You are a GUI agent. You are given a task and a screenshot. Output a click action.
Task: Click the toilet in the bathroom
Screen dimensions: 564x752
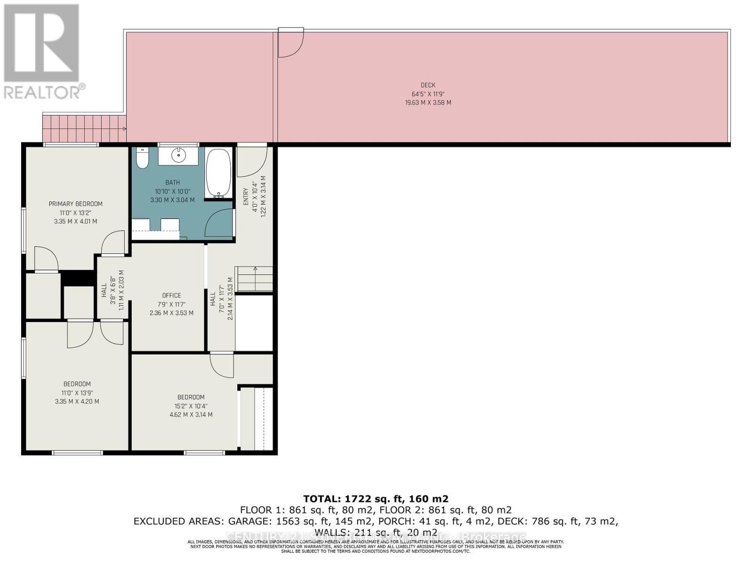[x=142, y=158]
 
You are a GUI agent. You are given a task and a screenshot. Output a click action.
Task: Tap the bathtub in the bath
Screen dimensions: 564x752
[x=219, y=173]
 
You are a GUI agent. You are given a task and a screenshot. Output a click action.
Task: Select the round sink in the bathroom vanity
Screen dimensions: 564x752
[x=178, y=155]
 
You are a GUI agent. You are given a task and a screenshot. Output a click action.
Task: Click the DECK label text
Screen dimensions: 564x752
[x=428, y=85]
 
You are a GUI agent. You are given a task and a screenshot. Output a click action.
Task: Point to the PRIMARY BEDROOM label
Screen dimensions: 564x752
[x=76, y=204]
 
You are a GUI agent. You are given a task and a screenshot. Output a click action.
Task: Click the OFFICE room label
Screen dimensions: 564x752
[x=172, y=295]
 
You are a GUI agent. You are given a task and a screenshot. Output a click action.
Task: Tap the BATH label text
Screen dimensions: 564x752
[x=172, y=182]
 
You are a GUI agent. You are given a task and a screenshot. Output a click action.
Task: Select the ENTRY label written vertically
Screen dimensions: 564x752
[x=245, y=196]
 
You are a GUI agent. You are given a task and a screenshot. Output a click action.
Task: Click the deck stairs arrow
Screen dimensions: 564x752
[x=124, y=128]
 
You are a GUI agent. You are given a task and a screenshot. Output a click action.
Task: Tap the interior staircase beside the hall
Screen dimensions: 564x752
[x=254, y=279]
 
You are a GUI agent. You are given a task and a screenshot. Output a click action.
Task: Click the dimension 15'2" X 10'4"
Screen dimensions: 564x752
[x=191, y=406]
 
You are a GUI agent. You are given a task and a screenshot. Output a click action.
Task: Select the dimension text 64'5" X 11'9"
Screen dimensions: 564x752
[x=428, y=94]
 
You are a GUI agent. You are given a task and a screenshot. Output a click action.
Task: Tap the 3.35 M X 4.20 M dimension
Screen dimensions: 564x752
[x=77, y=401]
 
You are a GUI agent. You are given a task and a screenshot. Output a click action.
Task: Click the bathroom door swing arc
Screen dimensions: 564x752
[x=219, y=223]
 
